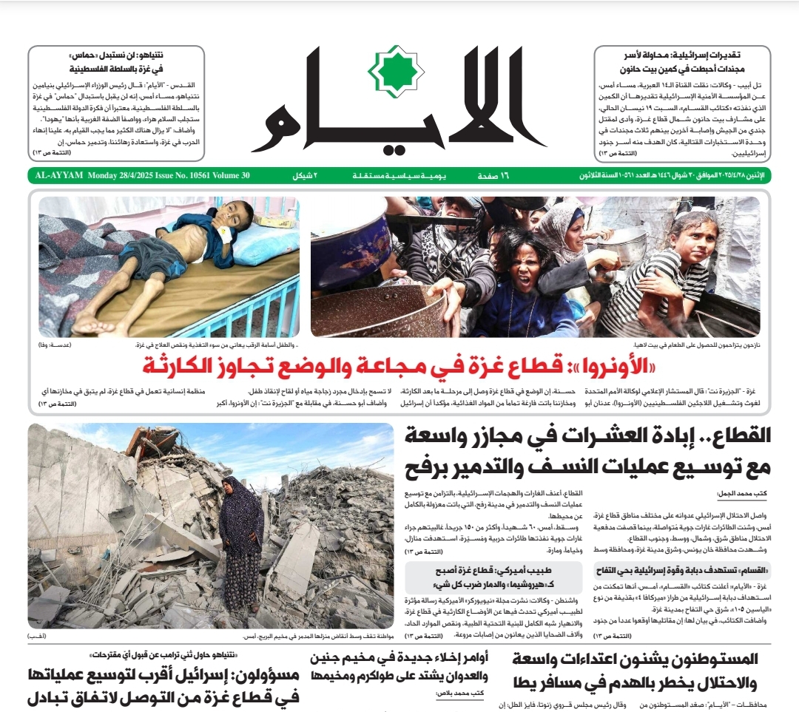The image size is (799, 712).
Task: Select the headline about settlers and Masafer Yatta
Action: tap(641, 670)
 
